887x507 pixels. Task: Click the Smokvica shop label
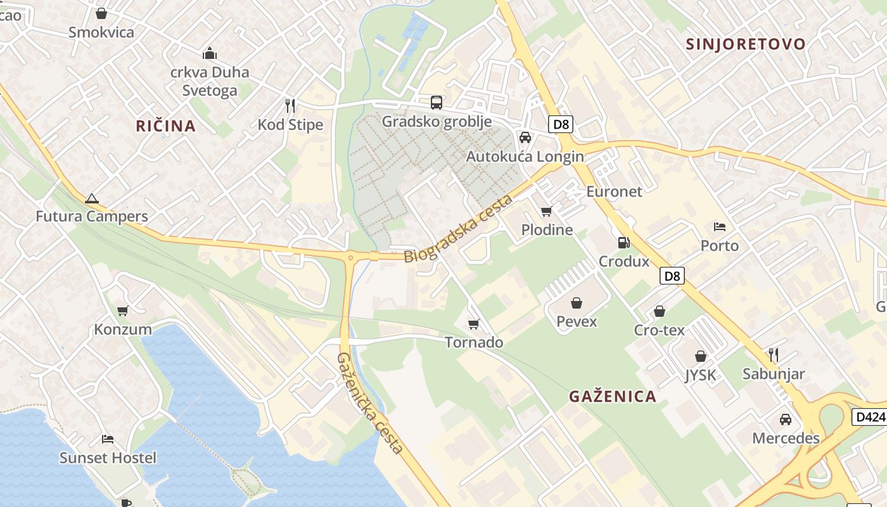click(101, 32)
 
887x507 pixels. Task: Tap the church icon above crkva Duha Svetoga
click(210, 53)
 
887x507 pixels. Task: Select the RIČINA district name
click(165, 125)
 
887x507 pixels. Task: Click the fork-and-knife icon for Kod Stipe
click(290, 105)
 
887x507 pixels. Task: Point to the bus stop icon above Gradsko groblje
click(437, 102)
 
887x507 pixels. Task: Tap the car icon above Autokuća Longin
click(525, 137)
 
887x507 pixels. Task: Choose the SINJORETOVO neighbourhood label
click(746, 44)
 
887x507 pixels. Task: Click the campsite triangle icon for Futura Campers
click(92, 198)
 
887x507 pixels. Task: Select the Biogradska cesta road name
click(458, 229)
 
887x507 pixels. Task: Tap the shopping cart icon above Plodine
click(547, 211)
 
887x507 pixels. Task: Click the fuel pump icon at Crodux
click(624, 242)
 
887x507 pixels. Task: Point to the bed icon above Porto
click(720, 226)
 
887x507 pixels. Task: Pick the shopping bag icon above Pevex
click(577, 303)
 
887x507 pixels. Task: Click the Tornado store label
click(474, 342)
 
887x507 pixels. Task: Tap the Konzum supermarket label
click(123, 329)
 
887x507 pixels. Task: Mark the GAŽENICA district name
click(612, 396)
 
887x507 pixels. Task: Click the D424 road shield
click(869, 416)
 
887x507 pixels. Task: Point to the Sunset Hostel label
click(108, 457)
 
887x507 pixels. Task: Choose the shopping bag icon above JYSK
click(701, 356)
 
